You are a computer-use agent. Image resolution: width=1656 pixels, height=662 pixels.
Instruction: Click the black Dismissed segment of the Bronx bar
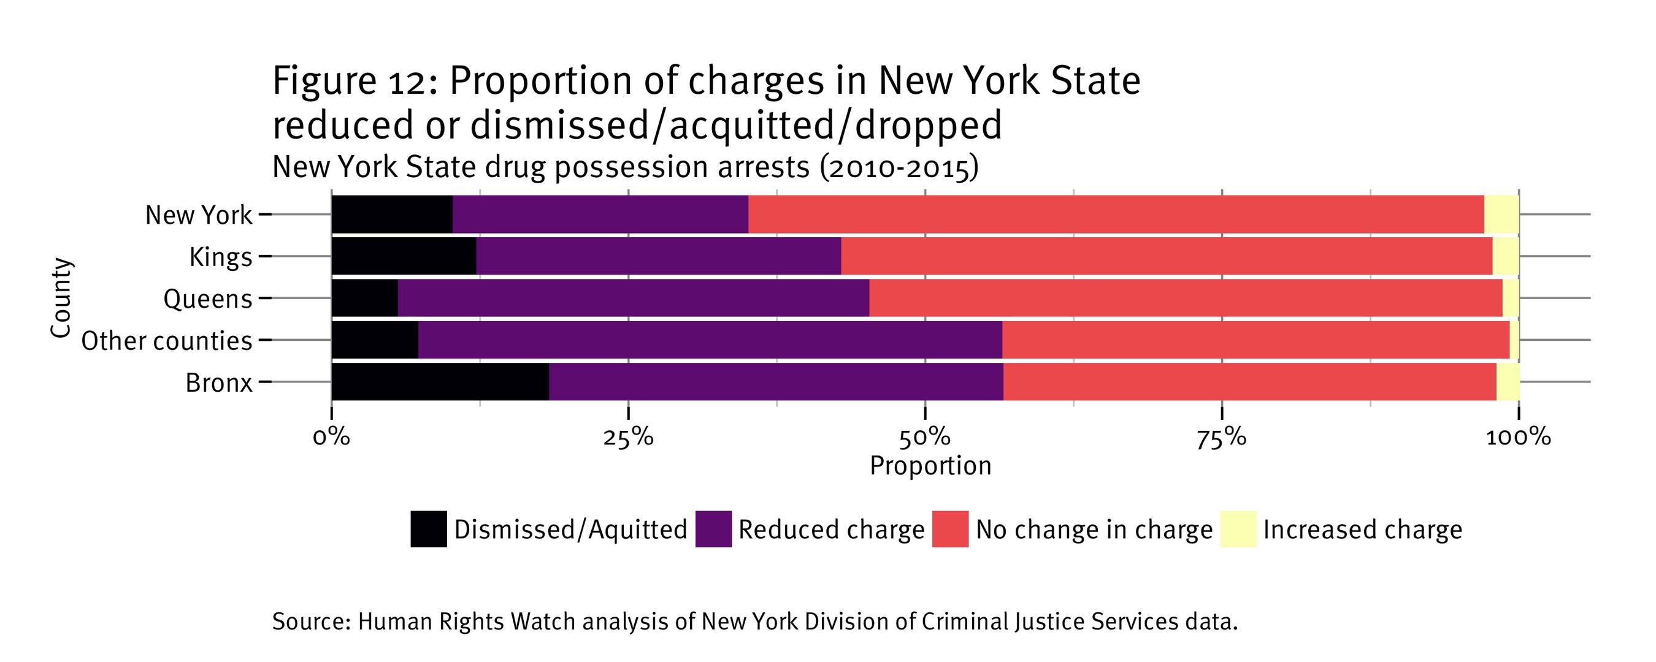pyautogui.click(x=440, y=382)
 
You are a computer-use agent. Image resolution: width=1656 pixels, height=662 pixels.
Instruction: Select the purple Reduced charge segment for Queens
pyautogui.click(x=633, y=299)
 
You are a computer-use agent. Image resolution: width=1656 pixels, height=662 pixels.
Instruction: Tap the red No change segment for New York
pyautogui.click(x=1116, y=214)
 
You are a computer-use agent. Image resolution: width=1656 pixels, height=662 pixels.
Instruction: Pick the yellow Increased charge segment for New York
pyautogui.click(x=1501, y=214)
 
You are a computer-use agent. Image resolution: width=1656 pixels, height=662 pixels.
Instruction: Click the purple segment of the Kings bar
pyautogui.click(x=658, y=256)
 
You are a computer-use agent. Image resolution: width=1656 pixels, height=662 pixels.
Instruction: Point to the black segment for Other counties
pyautogui.click(x=375, y=340)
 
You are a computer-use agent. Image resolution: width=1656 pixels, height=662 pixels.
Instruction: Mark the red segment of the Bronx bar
pyautogui.click(x=1250, y=382)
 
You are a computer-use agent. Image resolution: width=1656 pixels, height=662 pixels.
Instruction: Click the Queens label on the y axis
pyautogui.click(x=208, y=299)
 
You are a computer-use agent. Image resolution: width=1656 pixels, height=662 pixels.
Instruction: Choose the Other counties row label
pyautogui.click(x=166, y=341)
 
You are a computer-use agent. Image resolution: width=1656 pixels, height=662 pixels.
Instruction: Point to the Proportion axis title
pyautogui.click(x=930, y=466)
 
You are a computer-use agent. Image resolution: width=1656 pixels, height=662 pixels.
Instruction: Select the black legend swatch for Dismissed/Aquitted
pyautogui.click(x=429, y=529)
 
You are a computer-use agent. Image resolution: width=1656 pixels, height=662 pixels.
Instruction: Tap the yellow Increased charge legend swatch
pyautogui.click(x=1238, y=529)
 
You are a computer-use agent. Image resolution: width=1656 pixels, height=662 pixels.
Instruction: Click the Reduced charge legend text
pyautogui.click(x=830, y=530)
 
